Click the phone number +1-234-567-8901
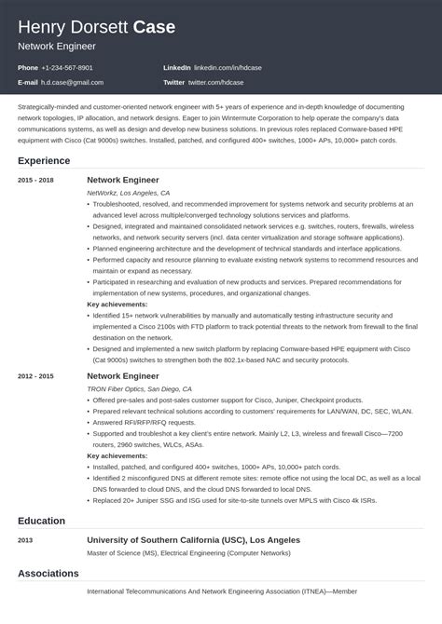point(68,68)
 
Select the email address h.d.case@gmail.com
point(72,82)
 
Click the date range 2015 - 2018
point(35,180)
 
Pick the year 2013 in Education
point(26,540)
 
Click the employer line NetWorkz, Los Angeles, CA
point(128,192)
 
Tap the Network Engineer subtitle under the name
point(57,45)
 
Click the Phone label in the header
point(27,68)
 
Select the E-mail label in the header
point(28,82)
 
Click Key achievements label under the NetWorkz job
point(117,304)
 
